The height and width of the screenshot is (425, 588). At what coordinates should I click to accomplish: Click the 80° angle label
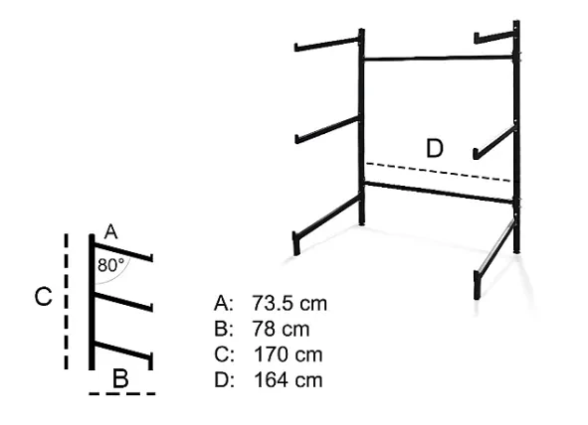click(110, 265)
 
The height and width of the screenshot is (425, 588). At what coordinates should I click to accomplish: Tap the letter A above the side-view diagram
click(110, 232)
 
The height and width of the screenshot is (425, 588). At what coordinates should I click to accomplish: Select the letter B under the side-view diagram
click(120, 378)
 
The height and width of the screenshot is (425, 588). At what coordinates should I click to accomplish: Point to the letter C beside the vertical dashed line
click(43, 297)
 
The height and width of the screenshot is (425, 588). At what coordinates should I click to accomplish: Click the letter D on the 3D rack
click(435, 148)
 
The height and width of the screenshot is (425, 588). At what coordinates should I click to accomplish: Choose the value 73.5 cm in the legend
click(290, 303)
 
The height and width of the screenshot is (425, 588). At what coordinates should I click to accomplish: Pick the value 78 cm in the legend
click(281, 330)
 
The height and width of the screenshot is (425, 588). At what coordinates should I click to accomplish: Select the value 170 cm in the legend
click(288, 354)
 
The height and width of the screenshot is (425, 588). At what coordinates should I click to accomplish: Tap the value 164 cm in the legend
click(288, 380)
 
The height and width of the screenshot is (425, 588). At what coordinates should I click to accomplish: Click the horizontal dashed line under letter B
click(122, 393)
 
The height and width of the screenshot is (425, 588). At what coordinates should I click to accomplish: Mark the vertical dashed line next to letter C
click(67, 302)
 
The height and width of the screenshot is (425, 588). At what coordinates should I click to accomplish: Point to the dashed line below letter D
click(438, 172)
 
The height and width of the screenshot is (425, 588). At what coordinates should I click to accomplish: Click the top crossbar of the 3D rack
click(438, 58)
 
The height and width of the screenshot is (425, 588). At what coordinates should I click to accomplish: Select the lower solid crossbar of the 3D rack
click(439, 193)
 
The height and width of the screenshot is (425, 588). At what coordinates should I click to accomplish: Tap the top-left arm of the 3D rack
click(327, 44)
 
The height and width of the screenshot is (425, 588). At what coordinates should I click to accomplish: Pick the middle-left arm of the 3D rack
click(327, 129)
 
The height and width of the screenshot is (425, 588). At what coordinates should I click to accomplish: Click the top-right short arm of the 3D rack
click(494, 37)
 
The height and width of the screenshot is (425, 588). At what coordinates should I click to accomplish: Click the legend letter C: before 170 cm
click(224, 354)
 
